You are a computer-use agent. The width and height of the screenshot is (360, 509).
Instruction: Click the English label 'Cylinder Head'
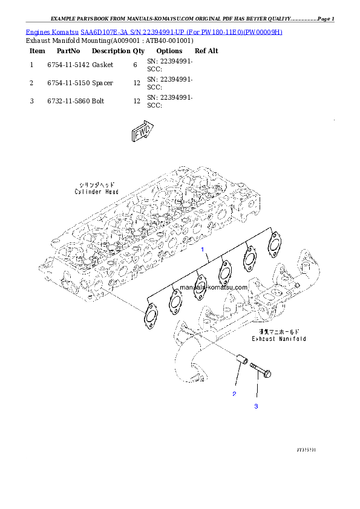click(x=97, y=192)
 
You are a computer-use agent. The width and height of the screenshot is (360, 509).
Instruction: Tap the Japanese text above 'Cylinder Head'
click(x=97, y=184)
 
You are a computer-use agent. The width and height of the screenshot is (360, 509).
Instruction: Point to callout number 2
click(x=234, y=394)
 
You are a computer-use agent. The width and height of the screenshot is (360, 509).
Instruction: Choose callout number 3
click(x=256, y=406)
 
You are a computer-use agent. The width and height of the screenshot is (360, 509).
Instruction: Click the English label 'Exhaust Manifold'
click(x=280, y=339)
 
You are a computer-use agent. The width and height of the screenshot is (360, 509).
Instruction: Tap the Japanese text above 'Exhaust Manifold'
click(x=280, y=331)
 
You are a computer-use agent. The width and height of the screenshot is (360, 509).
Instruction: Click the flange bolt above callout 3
click(x=260, y=371)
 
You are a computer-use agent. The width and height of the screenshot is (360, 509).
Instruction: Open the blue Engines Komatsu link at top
click(x=154, y=31)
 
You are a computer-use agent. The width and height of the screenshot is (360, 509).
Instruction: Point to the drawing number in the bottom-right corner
click(x=307, y=450)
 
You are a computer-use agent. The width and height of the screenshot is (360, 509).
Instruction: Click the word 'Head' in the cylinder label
click(x=111, y=192)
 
